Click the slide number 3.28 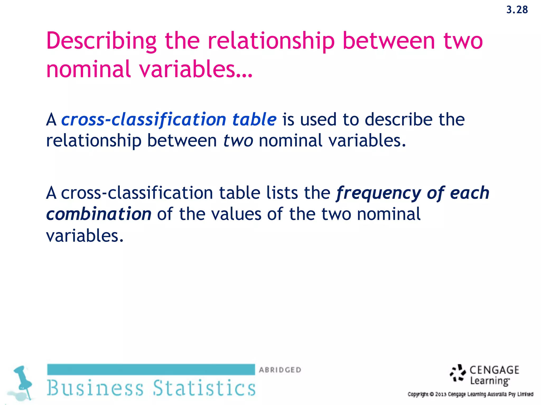click(x=517, y=10)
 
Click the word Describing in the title click(x=101, y=41)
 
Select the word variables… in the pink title click(x=196, y=69)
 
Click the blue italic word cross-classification click(x=144, y=120)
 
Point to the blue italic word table click(x=254, y=120)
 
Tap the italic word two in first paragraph click(x=238, y=141)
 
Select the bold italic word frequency click(x=378, y=193)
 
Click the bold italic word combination click(x=99, y=214)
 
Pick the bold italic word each click(x=469, y=193)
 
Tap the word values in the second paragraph click(x=236, y=214)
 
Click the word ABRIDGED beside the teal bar click(x=280, y=370)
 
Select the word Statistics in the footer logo click(x=204, y=388)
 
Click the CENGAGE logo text click(x=494, y=370)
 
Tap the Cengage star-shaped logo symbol click(x=458, y=373)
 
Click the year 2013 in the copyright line click(x=441, y=394)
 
